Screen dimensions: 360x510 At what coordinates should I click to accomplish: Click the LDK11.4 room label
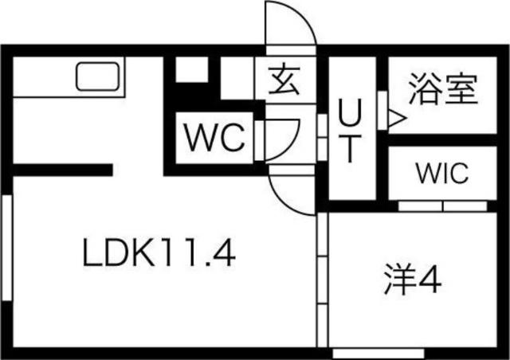point(158,254)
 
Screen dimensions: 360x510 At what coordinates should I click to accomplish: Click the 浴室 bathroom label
point(443,89)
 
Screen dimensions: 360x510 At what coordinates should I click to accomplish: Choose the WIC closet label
point(441,174)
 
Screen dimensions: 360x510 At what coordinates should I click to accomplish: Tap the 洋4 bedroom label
point(410,280)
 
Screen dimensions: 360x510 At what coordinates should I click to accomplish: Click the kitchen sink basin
point(98,78)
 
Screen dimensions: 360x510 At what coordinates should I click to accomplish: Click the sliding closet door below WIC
point(442,205)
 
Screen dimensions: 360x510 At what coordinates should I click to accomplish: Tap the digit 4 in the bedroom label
point(430,280)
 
